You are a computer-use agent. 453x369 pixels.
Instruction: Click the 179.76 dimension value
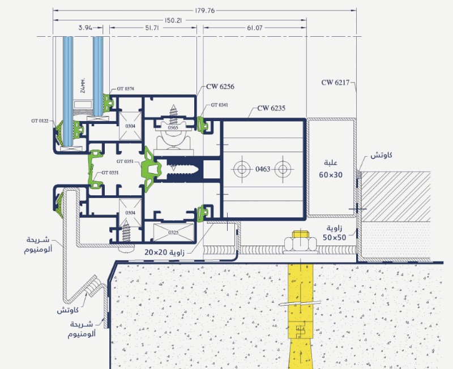(x=205, y=11)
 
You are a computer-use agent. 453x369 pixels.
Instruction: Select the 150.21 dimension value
(x=173, y=20)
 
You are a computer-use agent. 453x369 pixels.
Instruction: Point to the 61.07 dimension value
(x=254, y=28)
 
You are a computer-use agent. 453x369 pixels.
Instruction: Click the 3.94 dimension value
(x=86, y=28)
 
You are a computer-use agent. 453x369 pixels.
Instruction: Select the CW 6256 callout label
(x=220, y=87)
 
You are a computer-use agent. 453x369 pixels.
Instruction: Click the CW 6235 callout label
(x=271, y=108)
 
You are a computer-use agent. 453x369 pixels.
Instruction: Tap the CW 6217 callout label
(x=335, y=83)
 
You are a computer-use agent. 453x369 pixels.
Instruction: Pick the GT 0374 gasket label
(x=125, y=89)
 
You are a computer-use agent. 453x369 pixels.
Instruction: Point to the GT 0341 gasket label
(x=219, y=105)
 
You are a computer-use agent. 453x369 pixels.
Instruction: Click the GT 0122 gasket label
(x=40, y=121)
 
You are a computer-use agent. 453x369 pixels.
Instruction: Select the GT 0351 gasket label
(x=125, y=161)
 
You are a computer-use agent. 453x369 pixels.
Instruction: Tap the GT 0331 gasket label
(x=110, y=173)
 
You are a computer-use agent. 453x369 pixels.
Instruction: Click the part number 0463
(x=263, y=169)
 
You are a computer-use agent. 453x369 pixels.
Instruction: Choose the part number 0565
(x=173, y=127)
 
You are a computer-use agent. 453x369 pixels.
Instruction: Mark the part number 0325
(x=173, y=233)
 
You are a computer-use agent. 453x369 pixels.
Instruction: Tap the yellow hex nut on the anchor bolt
(x=301, y=243)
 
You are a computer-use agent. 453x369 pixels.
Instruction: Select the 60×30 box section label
(x=331, y=175)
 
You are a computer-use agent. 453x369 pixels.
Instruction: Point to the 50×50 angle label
(x=335, y=238)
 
